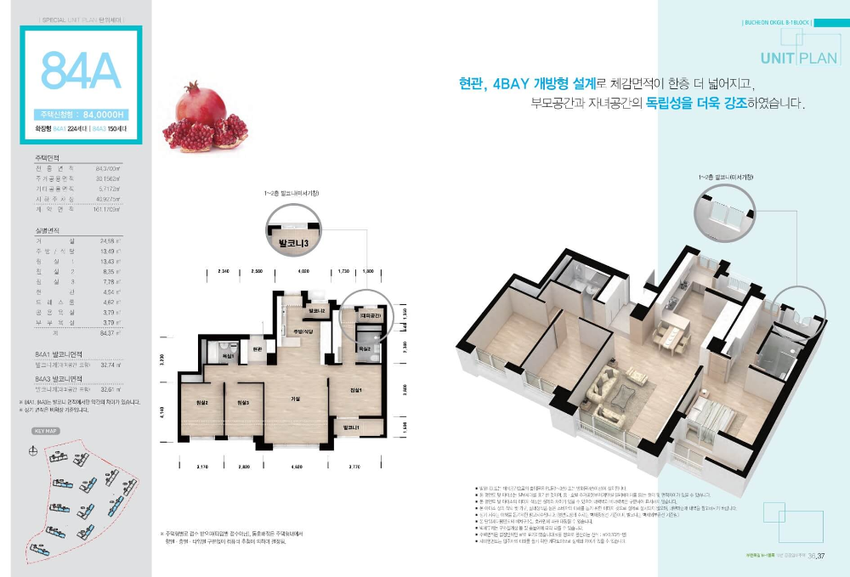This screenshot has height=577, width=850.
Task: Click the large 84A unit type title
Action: point(81,71)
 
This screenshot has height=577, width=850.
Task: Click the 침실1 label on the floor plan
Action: point(356,390)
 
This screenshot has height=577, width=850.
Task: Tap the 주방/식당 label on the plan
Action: point(304,331)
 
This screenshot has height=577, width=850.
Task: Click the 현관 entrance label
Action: point(257,348)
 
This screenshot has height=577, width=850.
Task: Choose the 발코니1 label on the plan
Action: point(352,427)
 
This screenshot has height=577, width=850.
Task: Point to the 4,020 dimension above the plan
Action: point(303,271)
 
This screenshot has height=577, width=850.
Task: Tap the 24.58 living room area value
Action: point(107,240)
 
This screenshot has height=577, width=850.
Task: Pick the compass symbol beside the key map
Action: point(33,450)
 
